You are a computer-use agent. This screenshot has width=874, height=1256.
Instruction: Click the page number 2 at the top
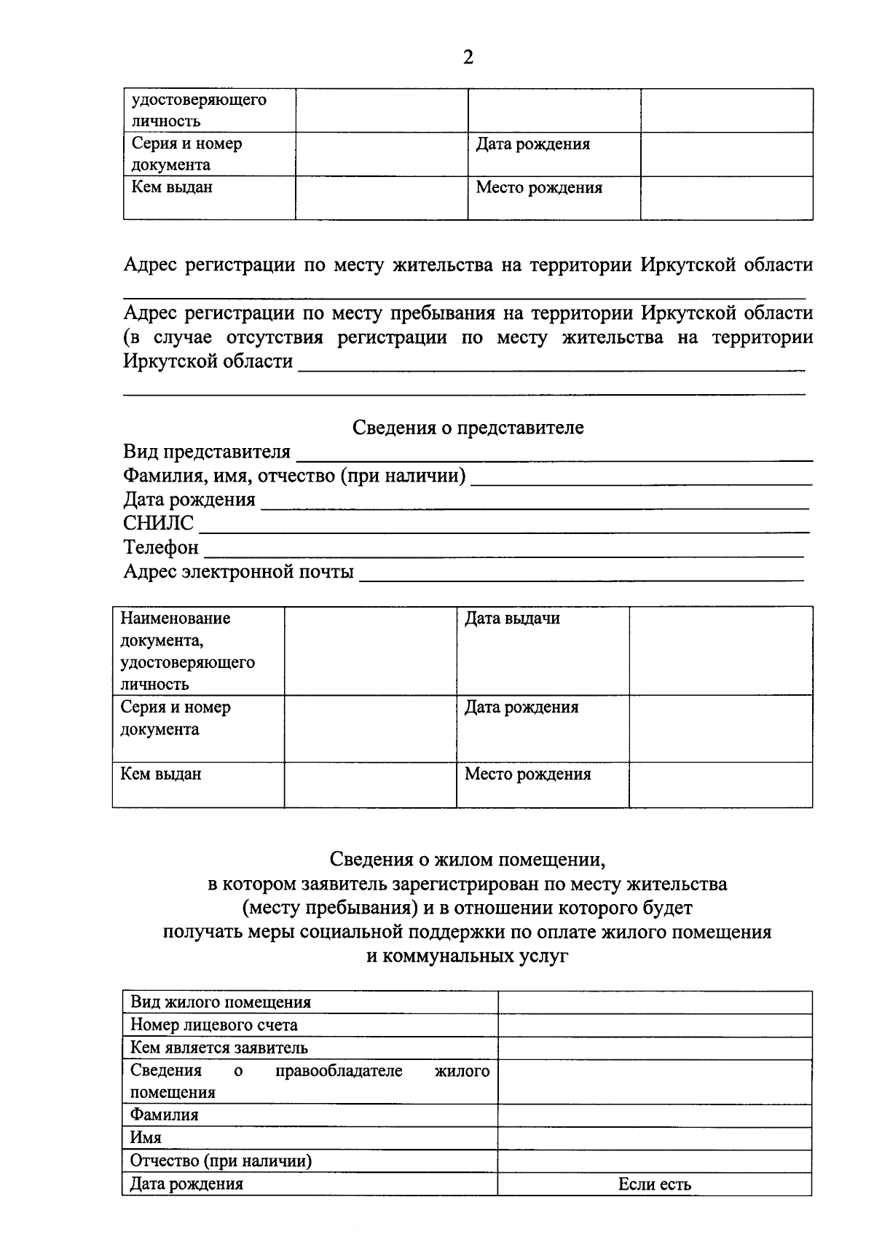(468, 58)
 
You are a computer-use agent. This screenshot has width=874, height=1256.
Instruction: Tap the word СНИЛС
(159, 523)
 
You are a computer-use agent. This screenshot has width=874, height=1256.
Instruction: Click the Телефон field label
(160, 547)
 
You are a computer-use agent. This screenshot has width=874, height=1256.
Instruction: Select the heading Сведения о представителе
(468, 428)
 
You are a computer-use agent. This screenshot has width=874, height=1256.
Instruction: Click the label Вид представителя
(207, 452)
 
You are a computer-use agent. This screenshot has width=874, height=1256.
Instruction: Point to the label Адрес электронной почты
(238, 571)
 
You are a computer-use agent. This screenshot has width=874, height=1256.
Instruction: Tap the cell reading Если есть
(654, 1185)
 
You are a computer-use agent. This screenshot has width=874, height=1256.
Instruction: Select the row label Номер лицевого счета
(213, 1025)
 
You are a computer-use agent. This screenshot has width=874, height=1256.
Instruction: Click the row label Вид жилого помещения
(220, 1002)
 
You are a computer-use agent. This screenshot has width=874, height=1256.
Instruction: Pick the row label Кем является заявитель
(219, 1048)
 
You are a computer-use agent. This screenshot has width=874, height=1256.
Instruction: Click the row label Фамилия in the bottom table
(164, 1115)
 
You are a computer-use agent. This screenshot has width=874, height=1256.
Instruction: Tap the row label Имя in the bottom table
(146, 1137)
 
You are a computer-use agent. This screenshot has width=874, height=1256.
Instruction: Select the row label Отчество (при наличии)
(220, 1161)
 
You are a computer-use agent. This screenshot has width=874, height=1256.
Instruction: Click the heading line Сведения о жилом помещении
(468, 860)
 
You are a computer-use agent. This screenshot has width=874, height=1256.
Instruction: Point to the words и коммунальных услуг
(468, 956)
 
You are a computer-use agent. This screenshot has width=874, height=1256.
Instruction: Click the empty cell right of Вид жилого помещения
(654, 1002)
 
